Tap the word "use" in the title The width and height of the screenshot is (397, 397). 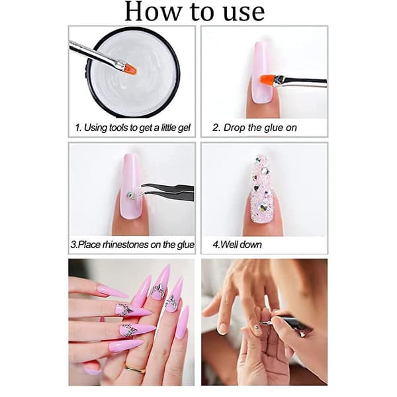pos(244,13)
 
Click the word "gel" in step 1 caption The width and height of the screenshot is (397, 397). pos(184,128)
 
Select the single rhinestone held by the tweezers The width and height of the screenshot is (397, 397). pos(131,195)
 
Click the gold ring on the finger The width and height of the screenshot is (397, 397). pos(135,369)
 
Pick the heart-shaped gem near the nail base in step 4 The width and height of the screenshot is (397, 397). pos(262,208)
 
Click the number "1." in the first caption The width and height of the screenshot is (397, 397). pos(78,128)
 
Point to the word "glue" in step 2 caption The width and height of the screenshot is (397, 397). pos(275,128)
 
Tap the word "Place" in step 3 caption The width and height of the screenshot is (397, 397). pos(89,245)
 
